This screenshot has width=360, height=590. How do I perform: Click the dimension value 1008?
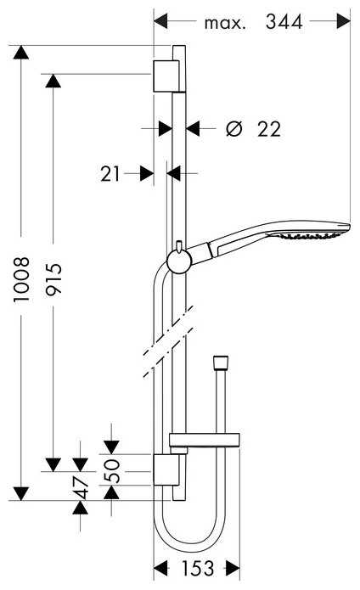tap(23, 278)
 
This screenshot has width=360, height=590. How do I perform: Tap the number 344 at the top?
tap(284, 23)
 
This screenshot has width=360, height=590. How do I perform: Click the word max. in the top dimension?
tap(225, 23)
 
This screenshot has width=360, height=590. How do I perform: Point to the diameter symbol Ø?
tap(234, 129)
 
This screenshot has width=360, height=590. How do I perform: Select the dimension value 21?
tap(110, 173)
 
